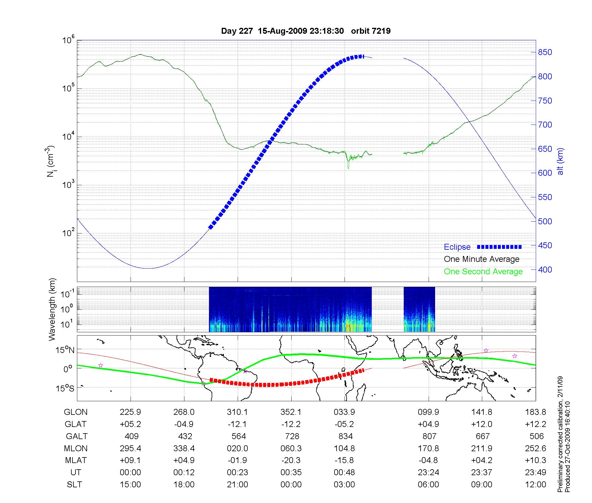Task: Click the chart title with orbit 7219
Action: [306, 31]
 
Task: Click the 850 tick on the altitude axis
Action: [545, 52]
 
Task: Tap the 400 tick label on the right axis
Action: [545, 270]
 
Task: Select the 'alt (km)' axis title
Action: [560, 161]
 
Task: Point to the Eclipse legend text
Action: [457, 247]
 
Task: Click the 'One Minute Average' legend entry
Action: [482, 259]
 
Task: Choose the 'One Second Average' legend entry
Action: [483, 272]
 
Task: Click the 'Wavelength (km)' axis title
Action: [52, 309]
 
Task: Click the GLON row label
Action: [76, 412]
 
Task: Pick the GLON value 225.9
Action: [130, 412]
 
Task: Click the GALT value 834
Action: [345, 436]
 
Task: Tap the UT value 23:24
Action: [428, 473]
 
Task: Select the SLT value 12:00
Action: [535, 485]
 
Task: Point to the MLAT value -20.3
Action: [291, 460]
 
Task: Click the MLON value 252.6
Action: [535, 449]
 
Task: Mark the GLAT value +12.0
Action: [482, 424]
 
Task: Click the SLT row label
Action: [74, 485]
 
